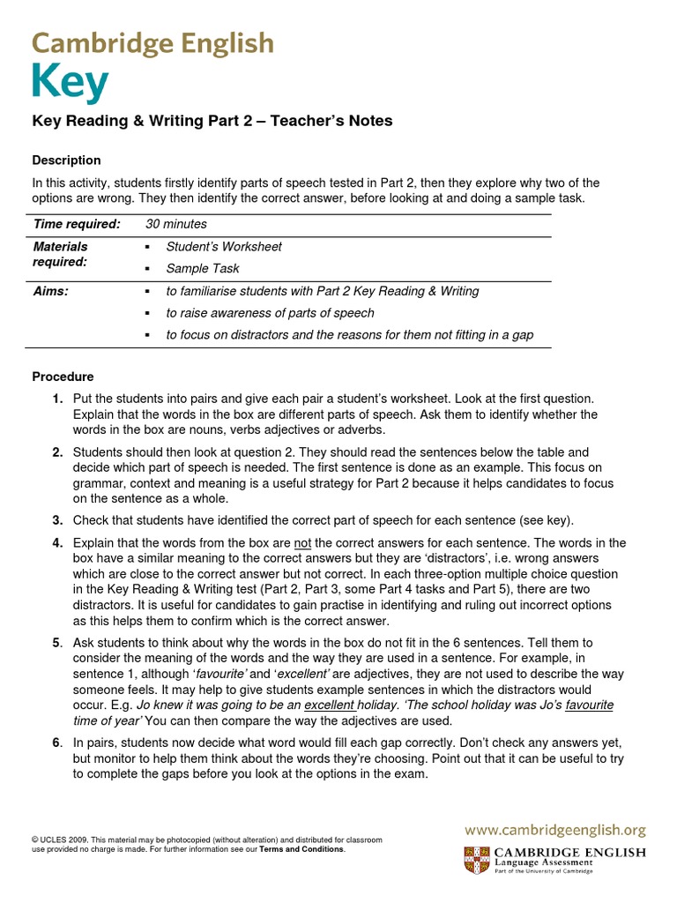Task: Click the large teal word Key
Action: point(71,85)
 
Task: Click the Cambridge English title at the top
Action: point(153,43)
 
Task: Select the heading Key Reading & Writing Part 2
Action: point(212,122)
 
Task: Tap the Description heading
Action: point(66,160)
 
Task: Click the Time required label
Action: point(76,224)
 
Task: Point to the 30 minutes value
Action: point(175,224)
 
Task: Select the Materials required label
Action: point(60,254)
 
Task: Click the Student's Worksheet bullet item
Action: point(224,247)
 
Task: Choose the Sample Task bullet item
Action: point(202,268)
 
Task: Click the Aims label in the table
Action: point(50,291)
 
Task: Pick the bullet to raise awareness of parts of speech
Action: point(270,313)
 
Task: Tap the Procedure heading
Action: point(63,377)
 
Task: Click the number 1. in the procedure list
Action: point(57,399)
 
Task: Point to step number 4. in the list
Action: point(57,542)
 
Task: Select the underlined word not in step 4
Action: point(302,542)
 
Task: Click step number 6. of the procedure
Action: point(57,743)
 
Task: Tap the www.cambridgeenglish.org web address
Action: point(555,830)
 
